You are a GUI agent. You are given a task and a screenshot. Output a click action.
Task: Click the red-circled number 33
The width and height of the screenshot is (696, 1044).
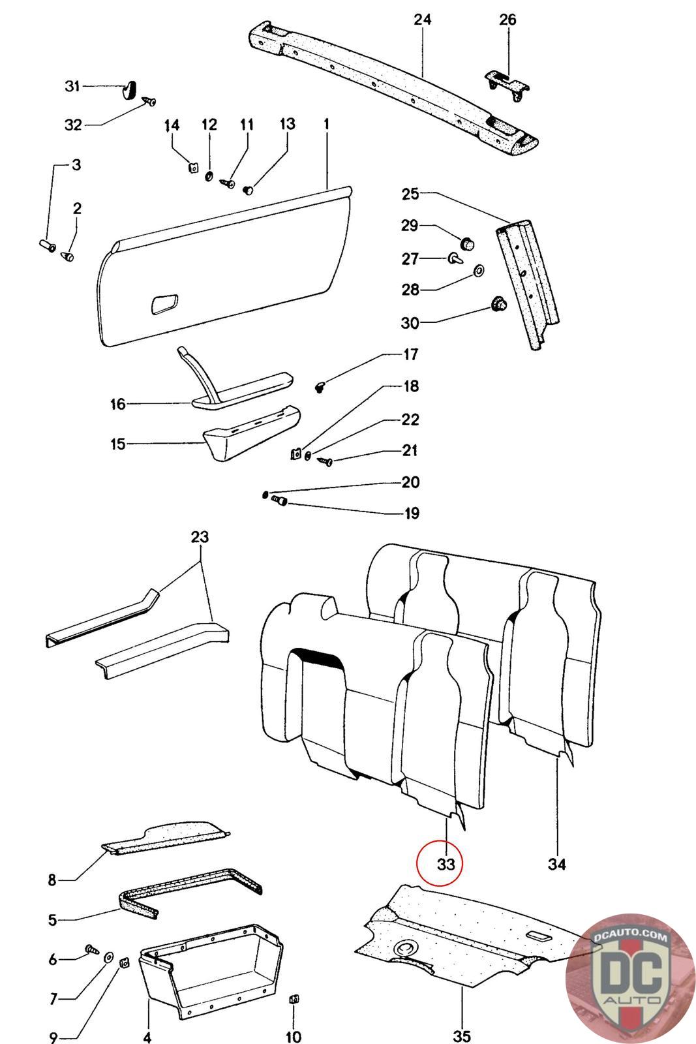(x=445, y=864)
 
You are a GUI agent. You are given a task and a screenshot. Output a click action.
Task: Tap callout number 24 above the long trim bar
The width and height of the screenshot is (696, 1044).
(x=423, y=20)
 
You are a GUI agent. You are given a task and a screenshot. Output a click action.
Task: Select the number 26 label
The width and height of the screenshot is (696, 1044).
(x=507, y=20)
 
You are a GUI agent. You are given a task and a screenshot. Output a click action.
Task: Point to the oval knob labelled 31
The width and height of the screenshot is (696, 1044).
(x=130, y=88)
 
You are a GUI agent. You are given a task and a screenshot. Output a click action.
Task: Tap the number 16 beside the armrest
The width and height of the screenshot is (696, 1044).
(x=117, y=405)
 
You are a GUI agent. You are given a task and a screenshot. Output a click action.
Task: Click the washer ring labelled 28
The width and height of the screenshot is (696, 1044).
(x=478, y=269)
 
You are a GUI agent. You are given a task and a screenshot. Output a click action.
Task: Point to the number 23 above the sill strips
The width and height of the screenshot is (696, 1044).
(x=200, y=538)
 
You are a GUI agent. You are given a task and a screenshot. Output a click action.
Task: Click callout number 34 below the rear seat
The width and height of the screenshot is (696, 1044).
(x=556, y=864)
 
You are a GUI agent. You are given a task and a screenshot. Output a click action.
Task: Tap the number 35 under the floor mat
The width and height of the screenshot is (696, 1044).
(x=462, y=1035)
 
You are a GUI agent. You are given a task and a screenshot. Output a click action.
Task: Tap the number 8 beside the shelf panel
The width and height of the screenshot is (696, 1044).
(x=52, y=880)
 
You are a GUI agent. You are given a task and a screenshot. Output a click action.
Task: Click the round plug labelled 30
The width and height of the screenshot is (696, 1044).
(x=499, y=304)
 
